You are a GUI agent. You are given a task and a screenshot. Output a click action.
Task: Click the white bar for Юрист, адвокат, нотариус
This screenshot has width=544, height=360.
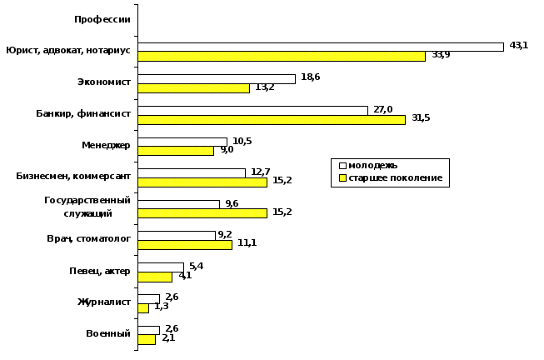click(x=321, y=47)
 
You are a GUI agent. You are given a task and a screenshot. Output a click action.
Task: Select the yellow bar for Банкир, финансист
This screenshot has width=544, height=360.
click(x=272, y=119)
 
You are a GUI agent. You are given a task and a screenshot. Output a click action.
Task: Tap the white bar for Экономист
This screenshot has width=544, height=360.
click(x=217, y=78)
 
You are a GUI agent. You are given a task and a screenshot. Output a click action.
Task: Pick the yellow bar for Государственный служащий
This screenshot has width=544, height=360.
click(x=202, y=213)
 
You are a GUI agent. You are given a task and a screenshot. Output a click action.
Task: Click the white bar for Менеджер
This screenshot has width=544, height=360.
click(x=182, y=142)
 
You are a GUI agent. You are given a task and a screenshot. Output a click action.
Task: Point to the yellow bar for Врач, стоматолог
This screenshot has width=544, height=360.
click(x=185, y=245)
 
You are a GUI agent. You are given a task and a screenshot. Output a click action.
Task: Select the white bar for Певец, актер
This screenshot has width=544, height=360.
click(x=161, y=267)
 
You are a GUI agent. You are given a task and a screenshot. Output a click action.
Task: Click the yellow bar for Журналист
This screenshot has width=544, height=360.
click(x=143, y=308)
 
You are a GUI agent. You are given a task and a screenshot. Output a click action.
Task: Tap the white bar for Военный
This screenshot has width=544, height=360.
click(x=148, y=330)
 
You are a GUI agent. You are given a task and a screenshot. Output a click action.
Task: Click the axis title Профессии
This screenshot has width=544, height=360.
click(x=102, y=19)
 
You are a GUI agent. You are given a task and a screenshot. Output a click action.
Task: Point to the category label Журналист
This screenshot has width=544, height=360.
click(x=104, y=302)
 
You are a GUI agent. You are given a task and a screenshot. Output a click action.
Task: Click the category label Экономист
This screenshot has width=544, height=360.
click(x=102, y=82)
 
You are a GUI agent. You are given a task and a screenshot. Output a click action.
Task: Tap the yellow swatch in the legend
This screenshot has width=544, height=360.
click(x=340, y=178)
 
